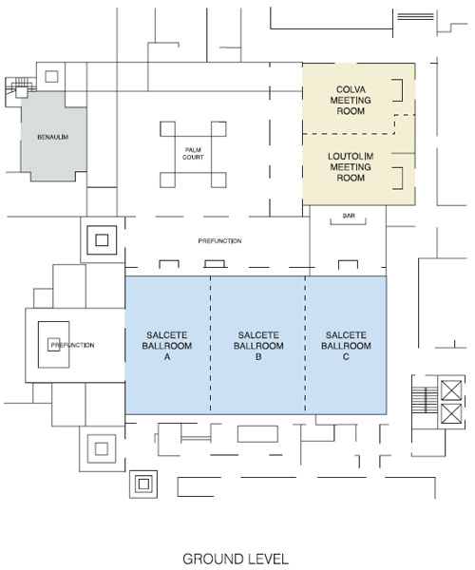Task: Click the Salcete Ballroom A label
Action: click(x=167, y=346)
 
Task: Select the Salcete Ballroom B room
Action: click(x=257, y=345)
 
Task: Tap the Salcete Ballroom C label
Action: click(x=346, y=346)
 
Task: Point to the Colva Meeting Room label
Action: click(x=351, y=100)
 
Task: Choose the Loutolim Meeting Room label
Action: click(x=351, y=167)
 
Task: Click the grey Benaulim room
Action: click(x=53, y=136)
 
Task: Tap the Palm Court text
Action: click(x=193, y=153)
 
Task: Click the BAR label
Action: click(x=349, y=216)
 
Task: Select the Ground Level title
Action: click(x=236, y=560)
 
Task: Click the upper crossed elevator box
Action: click(x=451, y=390)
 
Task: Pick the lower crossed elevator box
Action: click(x=451, y=413)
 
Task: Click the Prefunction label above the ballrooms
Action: click(x=219, y=240)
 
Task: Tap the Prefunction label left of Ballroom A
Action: click(x=73, y=345)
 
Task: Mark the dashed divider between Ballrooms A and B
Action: click(x=210, y=345)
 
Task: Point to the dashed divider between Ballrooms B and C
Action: click(x=305, y=345)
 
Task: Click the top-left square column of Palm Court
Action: click(x=167, y=129)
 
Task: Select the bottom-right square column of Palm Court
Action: click(x=218, y=180)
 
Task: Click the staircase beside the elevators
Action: click(x=425, y=400)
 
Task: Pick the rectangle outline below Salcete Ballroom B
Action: click(x=257, y=434)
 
